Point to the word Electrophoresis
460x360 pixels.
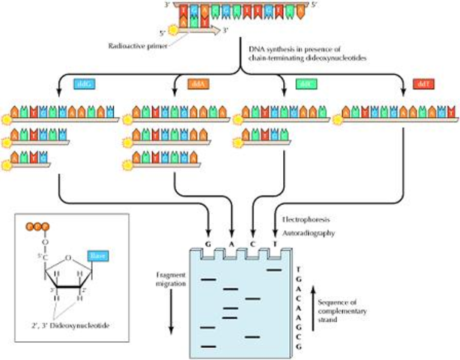(308, 220)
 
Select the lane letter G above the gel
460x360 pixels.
(211, 243)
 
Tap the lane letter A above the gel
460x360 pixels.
(231, 243)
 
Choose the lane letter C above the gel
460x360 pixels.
(252, 243)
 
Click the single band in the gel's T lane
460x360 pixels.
(273, 268)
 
